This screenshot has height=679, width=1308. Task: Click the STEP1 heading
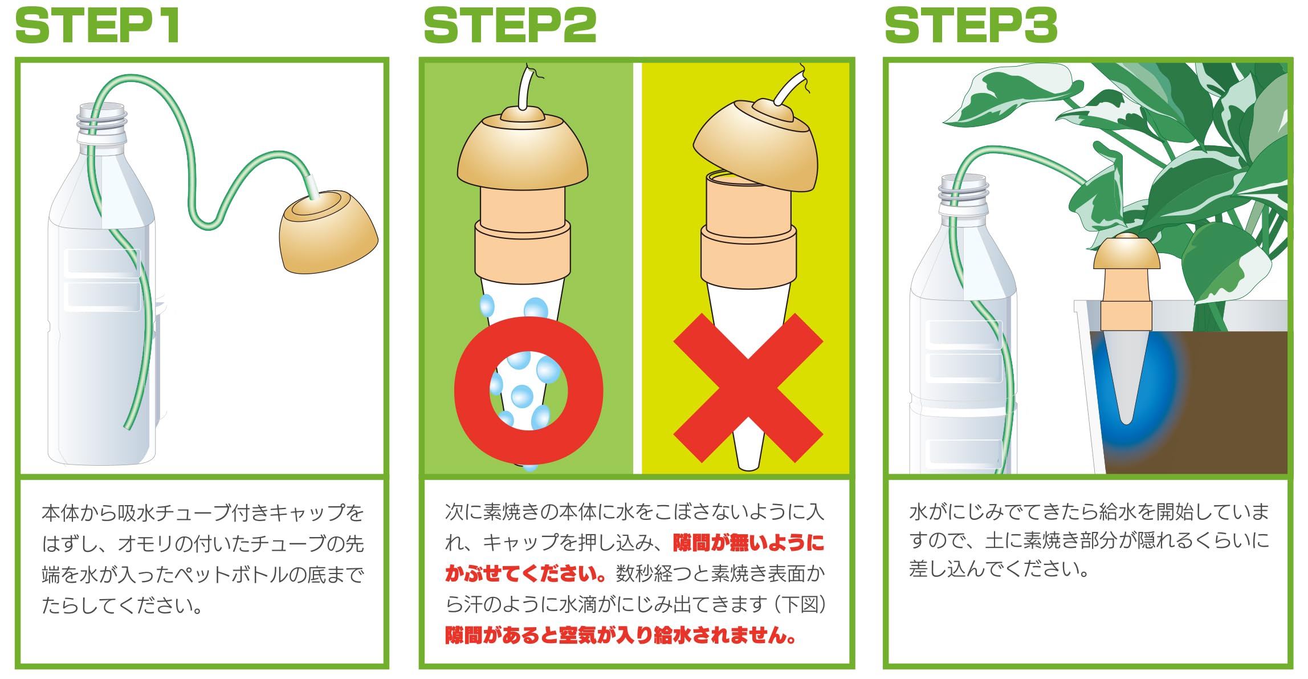(x=97, y=26)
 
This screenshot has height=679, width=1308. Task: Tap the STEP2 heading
(x=510, y=26)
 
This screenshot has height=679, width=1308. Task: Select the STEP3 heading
(x=971, y=26)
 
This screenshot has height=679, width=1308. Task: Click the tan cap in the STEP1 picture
(x=328, y=234)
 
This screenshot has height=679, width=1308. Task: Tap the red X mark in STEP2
(x=748, y=388)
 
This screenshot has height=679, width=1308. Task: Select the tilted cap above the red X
(x=755, y=145)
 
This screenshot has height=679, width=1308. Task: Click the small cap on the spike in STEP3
(x=1127, y=254)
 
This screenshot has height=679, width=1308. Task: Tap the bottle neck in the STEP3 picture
(x=963, y=194)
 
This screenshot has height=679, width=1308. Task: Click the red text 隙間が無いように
(x=748, y=543)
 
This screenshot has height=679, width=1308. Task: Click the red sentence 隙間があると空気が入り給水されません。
(x=621, y=635)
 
